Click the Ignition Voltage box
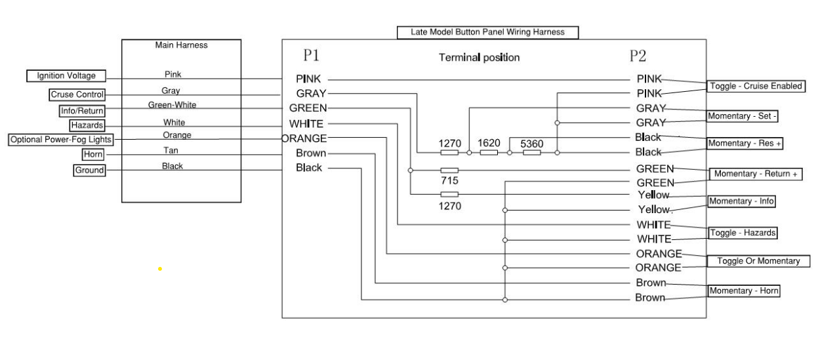pos(66,76)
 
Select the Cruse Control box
pos(77,94)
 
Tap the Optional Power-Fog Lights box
pos(61,140)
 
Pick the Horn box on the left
pos(93,154)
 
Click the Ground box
pos(89,170)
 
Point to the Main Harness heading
pos(181,45)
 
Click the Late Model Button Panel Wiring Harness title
pos(487,32)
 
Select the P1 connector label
pos(311,56)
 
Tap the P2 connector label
pos(638,56)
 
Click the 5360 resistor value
pos(532,144)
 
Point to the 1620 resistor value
pos(489,143)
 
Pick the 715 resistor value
pos(449,181)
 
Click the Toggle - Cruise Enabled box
pos(756,86)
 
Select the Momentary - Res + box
pos(745,144)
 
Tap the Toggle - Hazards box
pos(743,233)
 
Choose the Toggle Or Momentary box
pos(758,261)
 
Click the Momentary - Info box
pos(742,201)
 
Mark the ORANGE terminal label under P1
pos(304,138)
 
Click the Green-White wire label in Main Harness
pos(173,105)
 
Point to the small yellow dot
pos(160,269)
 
